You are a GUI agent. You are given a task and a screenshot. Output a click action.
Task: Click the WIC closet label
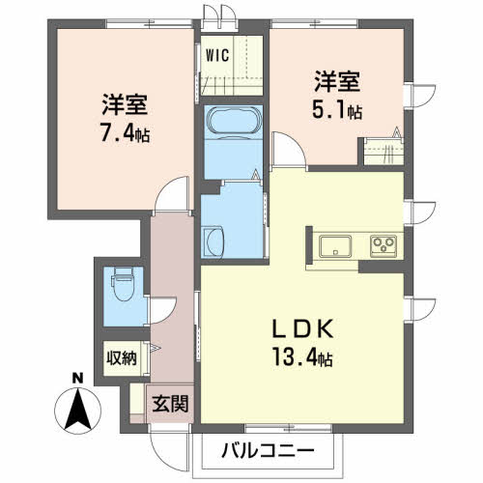[x=215, y=55]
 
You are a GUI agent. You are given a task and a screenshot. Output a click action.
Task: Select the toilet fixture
[x=121, y=282]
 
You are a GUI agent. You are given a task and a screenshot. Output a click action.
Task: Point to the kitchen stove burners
[x=384, y=245]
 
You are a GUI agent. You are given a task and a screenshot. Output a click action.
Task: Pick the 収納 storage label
[x=121, y=358]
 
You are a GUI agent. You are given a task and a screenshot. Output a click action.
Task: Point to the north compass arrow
[x=78, y=407]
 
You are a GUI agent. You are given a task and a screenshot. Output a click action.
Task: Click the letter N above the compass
[x=78, y=377]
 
